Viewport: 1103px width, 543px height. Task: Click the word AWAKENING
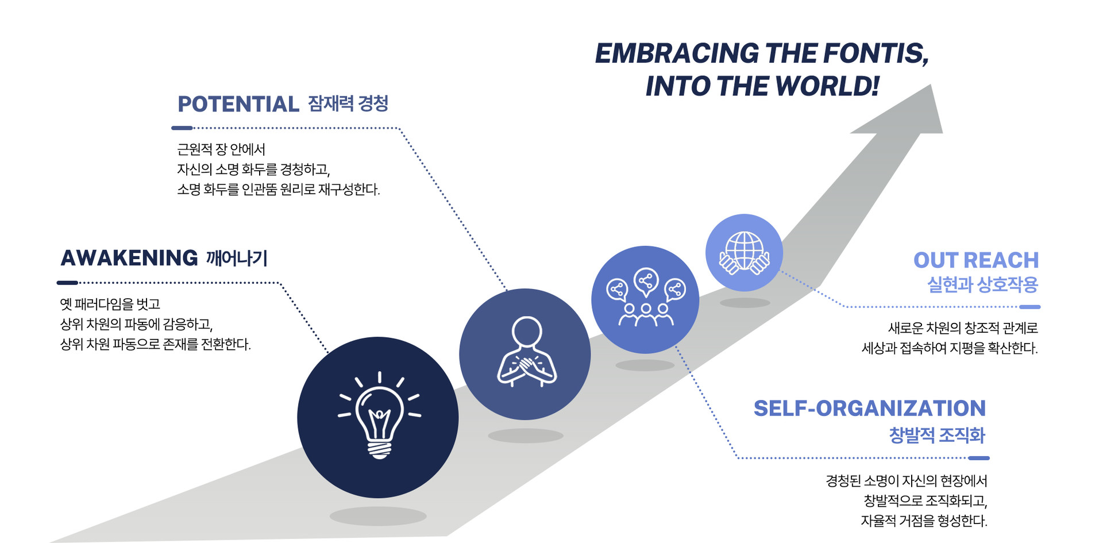pyautogui.click(x=129, y=258)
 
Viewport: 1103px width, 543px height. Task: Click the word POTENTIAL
pyautogui.click(x=238, y=104)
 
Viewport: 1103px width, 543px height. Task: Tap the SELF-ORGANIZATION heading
pyautogui.click(x=869, y=408)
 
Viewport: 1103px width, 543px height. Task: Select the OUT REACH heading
pyautogui.click(x=975, y=260)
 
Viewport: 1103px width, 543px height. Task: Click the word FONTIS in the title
pyautogui.click(x=875, y=53)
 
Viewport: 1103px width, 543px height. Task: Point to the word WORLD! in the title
pyautogui.click(x=827, y=86)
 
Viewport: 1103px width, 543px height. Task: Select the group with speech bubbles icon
pyautogui.click(x=645, y=299)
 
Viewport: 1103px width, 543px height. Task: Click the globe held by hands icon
pyautogui.click(x=744, y=253)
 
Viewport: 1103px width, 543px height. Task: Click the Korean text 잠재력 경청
pyautogui.click(x=348, y=103)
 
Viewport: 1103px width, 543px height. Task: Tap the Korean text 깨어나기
pyautogui.click(x=237, y=258)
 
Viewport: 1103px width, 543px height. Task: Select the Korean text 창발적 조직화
pyautogui.click(x=936, y=435)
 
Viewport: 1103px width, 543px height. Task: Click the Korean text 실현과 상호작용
pyautogui.click(x=982, y=284)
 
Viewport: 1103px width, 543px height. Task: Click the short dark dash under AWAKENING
pyautogui.click(x=67, y=283)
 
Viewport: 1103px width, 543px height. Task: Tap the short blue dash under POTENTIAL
pyautogui.click(x=182, y=128)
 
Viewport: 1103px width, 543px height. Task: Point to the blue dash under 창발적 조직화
pyautogui.click(x=978, y=458)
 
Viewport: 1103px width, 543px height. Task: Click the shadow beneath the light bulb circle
pyautogui.click(x=378, y=515)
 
